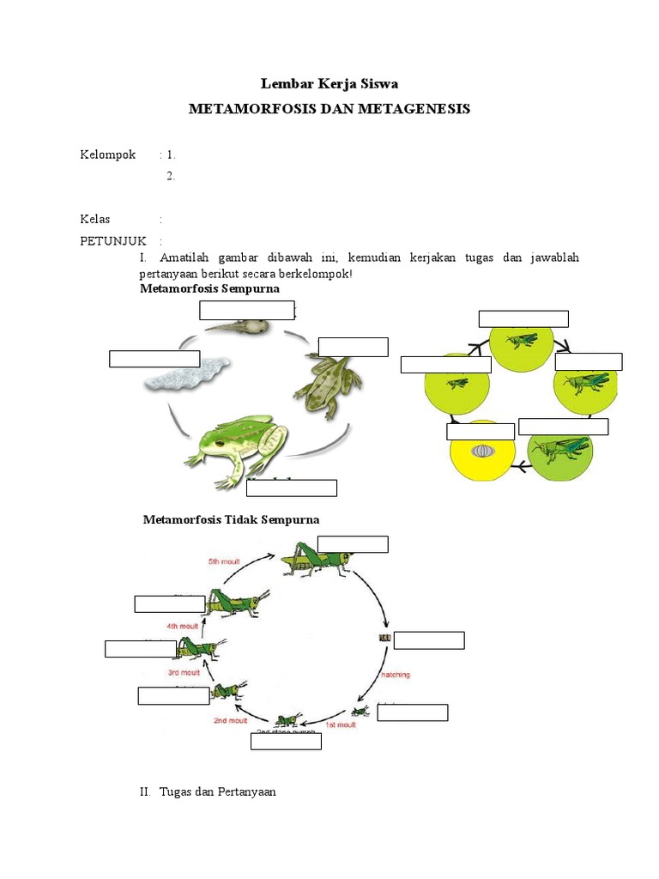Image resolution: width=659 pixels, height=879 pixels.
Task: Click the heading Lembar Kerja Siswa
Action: click(329, 83)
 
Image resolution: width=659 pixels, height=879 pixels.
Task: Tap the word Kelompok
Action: click(108, 155)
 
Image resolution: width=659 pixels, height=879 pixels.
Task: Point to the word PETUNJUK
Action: click(113, 240)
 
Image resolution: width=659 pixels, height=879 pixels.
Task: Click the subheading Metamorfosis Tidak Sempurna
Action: click(232, 519)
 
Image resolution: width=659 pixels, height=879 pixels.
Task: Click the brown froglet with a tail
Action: click(328, 384)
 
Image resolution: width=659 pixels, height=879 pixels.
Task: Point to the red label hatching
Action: click(392, 675)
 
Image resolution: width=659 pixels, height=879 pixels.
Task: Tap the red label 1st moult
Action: click(340, 725)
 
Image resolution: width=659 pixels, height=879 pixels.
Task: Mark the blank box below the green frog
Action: click(292, 488)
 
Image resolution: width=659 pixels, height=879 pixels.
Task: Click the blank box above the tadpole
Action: click(247, 310)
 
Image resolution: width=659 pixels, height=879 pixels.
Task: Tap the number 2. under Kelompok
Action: click(171, 176)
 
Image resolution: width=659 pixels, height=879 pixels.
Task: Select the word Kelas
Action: click(95, 219)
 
